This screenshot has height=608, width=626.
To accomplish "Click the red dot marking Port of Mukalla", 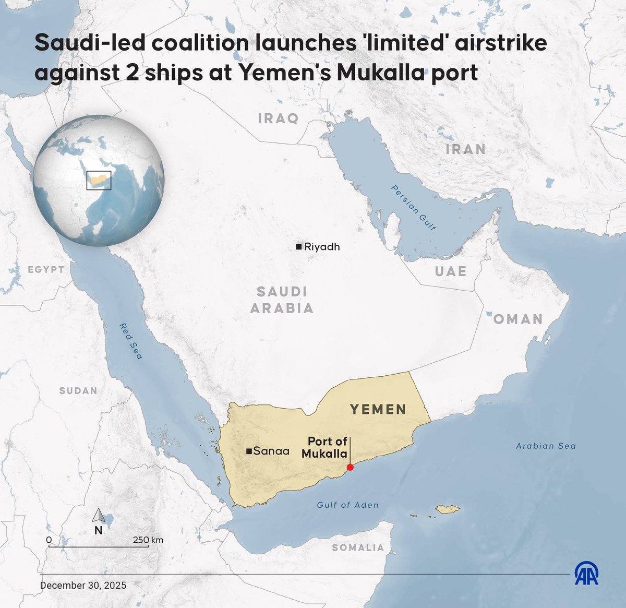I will coord(350,467).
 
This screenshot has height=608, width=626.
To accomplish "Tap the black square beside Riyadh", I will coord(299,246).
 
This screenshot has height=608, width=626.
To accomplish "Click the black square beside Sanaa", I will coord(249,451).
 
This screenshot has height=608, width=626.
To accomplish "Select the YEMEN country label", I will coord(378,409).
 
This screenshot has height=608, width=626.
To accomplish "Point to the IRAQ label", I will coord(279,118).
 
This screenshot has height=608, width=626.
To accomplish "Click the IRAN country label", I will coord(465,149).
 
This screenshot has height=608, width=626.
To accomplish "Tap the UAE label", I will coord(451,271).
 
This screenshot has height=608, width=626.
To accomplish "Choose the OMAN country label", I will coord(518,319).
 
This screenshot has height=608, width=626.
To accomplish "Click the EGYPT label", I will coord(46,269).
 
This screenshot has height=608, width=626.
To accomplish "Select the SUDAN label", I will coord(78,390).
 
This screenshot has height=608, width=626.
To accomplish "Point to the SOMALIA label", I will coord(358,547).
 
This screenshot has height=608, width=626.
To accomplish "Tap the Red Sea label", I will coord(131,341).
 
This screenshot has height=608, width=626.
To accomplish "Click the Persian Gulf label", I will coord(414,208).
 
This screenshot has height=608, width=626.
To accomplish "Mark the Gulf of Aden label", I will coord(347,505).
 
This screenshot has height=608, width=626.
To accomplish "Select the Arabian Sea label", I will coord(546,446).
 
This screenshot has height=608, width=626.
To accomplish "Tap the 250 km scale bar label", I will coord(148,540).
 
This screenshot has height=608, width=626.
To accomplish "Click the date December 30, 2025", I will coord(83,585).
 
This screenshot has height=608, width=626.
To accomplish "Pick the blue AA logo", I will coord(586,574).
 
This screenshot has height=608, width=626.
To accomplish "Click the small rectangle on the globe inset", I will coord(99,180).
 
